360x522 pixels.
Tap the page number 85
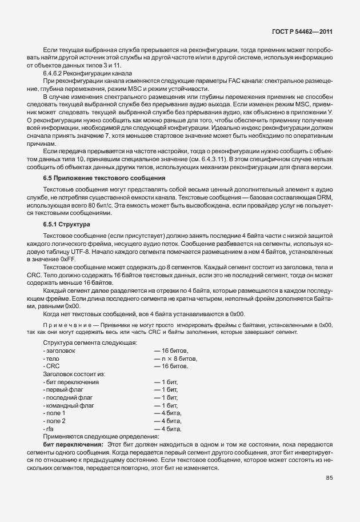pyautogui.click(x=329, y=478)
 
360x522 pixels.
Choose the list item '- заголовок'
pyautogui.click(x=58, y=350)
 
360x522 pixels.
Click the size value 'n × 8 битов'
pyautogui.click(x=175, y=358)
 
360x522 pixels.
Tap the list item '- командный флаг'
pyautogui.click(x=68, y=405)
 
